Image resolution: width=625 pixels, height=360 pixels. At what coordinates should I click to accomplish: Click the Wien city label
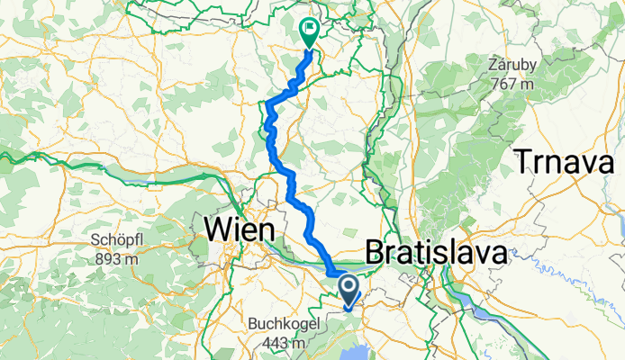[240, 230]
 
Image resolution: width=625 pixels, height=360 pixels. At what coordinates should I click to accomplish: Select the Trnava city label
[569, 161]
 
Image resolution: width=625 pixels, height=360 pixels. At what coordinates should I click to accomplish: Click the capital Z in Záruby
[492, 66]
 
